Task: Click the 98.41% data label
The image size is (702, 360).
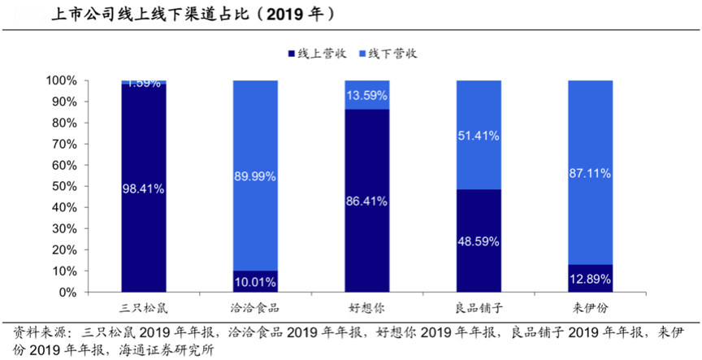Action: [x=144, y=189]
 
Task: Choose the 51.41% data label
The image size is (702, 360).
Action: [x=479, y=135]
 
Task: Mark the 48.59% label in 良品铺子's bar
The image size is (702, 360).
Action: [x=479, y=241]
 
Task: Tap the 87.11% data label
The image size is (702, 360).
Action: [x=590, y=173]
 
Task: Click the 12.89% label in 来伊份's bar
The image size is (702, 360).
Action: [x=590, y=279]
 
